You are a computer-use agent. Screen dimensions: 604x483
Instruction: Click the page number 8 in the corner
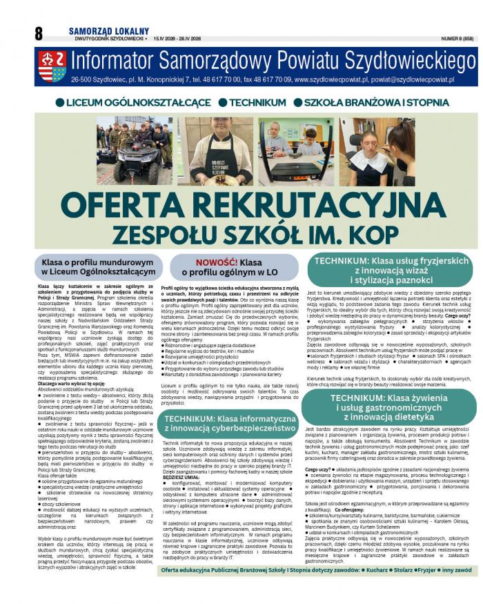click(x=38, y=33)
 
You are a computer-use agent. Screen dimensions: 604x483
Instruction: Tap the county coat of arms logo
click(x=52, y=66)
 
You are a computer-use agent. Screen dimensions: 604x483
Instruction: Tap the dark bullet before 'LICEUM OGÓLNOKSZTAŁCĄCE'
click(x=60, y=103)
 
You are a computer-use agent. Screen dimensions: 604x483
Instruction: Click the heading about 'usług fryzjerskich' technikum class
click(x=391, y=270)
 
